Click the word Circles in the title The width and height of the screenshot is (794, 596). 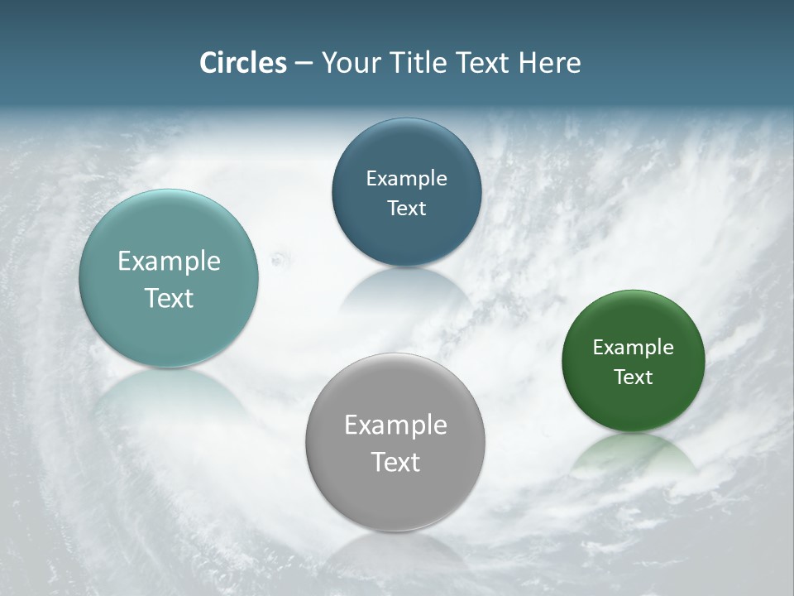[x=242, y=63]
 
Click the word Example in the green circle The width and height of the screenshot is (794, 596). [x=633, y=348]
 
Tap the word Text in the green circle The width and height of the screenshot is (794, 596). [x=633, y=377]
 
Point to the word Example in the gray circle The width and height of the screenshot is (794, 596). [x=395, y=425]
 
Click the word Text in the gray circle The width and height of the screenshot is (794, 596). [x=395, y=462]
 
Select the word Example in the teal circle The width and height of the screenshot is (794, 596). [x=169, y=261]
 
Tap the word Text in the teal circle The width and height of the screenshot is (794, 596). [x=169, y=298]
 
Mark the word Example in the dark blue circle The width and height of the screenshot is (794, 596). [x=406, y=178]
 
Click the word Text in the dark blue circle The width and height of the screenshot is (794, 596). [x=406, y=208]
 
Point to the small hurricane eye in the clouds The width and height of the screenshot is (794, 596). [x=277, y=260]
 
